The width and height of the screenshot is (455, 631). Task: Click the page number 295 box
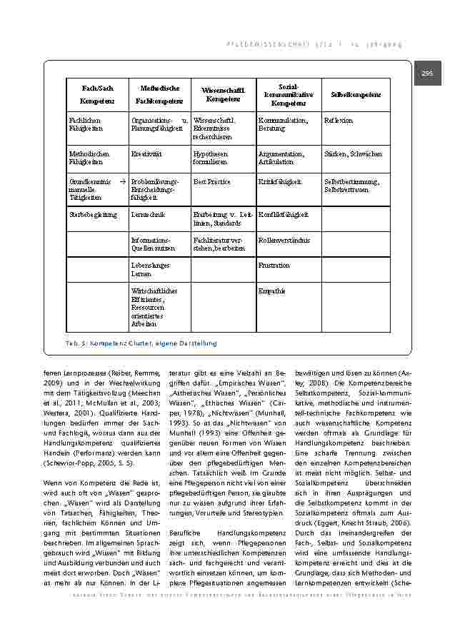(x=427, y=74)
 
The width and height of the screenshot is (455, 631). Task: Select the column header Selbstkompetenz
(x=356, y=95)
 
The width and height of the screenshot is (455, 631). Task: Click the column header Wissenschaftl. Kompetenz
(x=223, y=95)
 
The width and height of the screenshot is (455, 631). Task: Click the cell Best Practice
(x=211, y=182)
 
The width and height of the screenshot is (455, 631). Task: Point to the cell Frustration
(x=274, y=266)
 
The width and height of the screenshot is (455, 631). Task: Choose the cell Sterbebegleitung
(x=93, y=214)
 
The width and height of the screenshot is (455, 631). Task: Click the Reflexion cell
(x=339, y=121)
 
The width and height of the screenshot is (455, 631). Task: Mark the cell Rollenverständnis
(x=284, y=241)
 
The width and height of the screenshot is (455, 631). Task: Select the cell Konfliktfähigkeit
(x=284, y=214)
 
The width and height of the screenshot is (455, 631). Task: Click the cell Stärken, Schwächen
(x=353, y=153)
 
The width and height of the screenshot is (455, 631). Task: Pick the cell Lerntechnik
(x=149, y=214)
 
